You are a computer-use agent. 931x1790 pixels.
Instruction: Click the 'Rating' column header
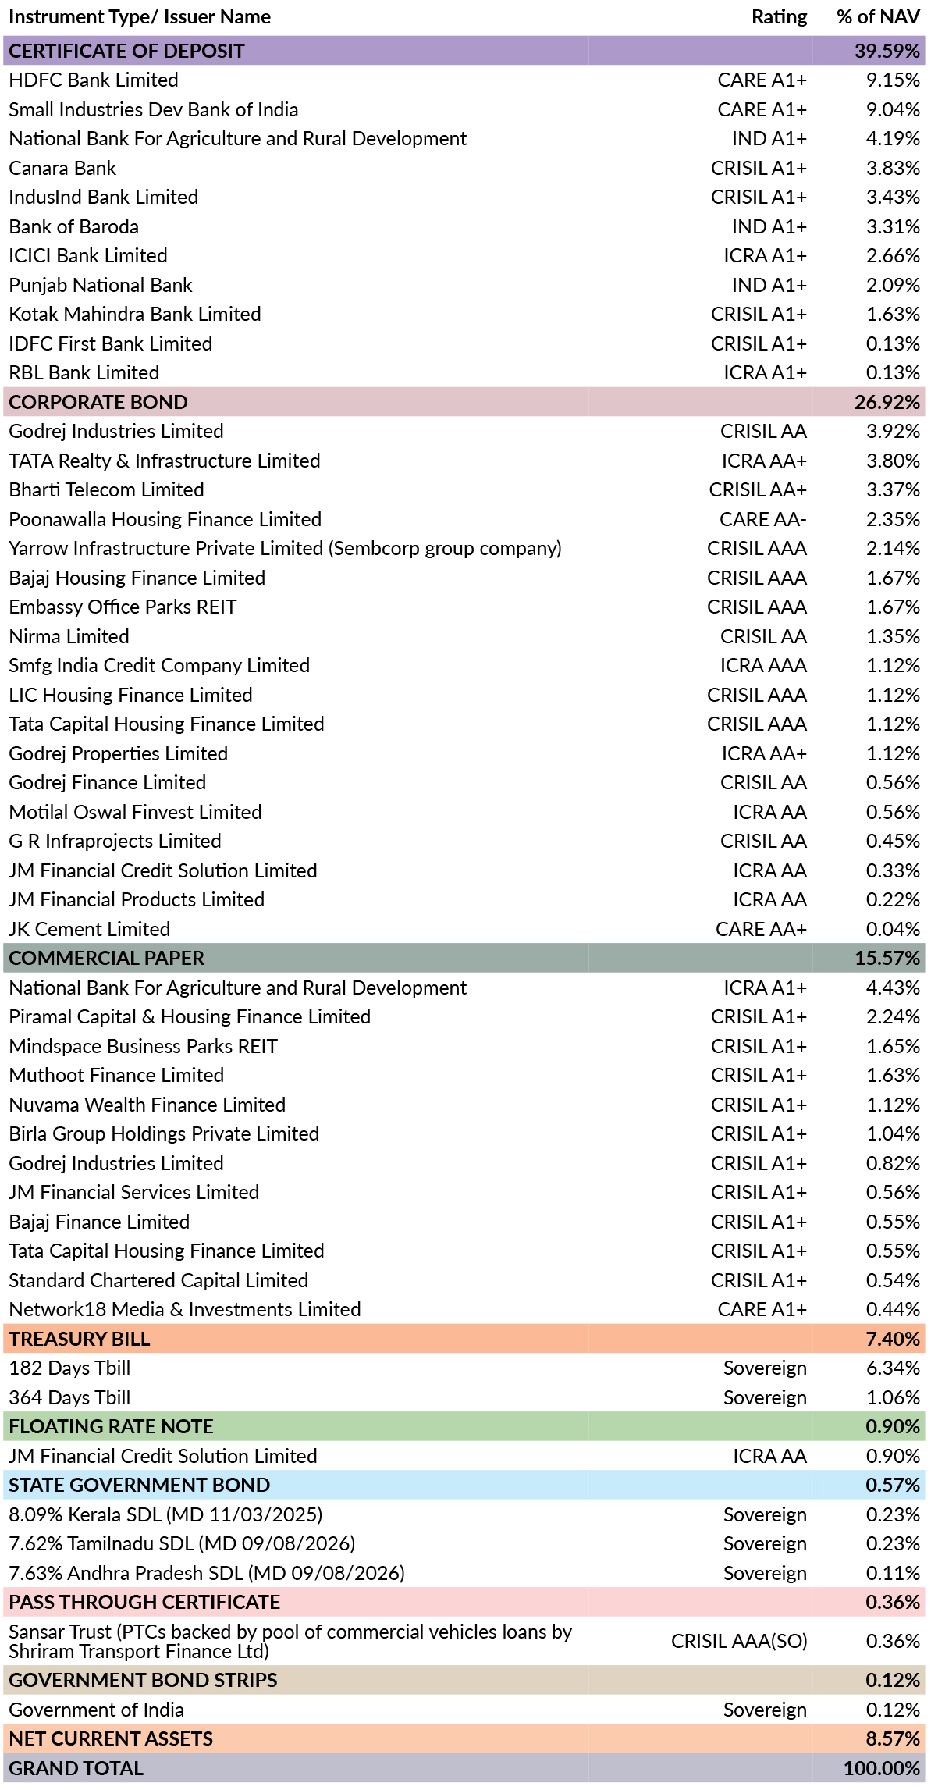click(x=779, y=17)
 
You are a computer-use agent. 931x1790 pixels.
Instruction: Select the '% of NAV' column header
click(x=878, y=17)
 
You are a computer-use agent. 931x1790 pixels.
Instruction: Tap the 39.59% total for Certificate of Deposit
click(x=887, y=51)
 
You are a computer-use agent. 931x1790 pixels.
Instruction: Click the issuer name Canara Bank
click(x=62, y=168)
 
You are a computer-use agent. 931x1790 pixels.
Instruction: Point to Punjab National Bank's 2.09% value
click(x=893, y=285)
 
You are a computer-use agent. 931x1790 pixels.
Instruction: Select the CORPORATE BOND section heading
click(x=98, y=402)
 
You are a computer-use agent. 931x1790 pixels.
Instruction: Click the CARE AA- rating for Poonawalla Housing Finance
click(x=762, y=519)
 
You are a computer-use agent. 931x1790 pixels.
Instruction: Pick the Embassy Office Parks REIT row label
click(x=123, y=607)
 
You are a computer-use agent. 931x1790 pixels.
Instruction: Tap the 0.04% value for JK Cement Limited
click(x=893, y=929)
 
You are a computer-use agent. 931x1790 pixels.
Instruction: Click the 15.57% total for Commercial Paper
click(x=887, y=958)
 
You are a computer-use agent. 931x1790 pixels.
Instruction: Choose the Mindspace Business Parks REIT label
click(x=143, y=1046)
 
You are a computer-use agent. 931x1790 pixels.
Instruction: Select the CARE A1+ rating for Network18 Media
click(x=762, y=1309)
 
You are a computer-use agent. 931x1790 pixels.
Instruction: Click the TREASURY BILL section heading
click(x=80, y=1339)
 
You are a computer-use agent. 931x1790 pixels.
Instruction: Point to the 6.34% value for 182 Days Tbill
click(x=893, y=1368)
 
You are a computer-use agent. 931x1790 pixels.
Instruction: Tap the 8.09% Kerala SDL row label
click(x=165, y=1514)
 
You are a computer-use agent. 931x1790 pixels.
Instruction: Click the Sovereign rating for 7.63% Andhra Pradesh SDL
click(x=765, y=1573)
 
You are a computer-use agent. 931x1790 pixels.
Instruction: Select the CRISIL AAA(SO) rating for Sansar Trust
click(x=739, y=1641)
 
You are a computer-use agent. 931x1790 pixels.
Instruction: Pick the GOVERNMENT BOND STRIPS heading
click(x=143, y=1680)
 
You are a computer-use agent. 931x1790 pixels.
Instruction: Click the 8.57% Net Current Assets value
click(x=893, y=1738)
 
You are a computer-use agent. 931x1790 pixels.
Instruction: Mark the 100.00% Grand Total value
click(x=882, y=1768)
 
